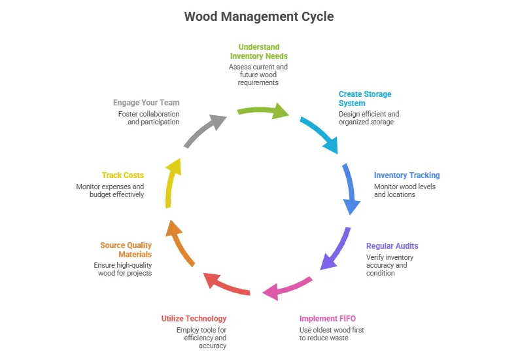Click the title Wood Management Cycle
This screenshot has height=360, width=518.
click(259, 16)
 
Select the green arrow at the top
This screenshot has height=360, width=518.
click(261, 111)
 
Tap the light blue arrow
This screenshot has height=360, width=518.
click(321, 134)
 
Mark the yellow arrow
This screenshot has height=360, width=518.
click(171, 183)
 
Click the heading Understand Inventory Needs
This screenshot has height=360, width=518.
click(258, 52)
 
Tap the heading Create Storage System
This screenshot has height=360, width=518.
click(365, 99)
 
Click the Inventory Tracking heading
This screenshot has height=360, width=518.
click(407, 175)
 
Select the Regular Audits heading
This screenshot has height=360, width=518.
click(392, 246)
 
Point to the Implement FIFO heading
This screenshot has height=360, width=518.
click(328, 319)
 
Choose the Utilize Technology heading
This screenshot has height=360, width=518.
click(194, 319)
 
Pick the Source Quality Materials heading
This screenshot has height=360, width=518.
click(126, 250)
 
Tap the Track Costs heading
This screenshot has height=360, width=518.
click(122, 175)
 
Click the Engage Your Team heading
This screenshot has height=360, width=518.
click(146, 103)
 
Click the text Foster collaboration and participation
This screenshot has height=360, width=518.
click(148, 118)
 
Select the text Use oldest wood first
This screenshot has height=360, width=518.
click(332, 330)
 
